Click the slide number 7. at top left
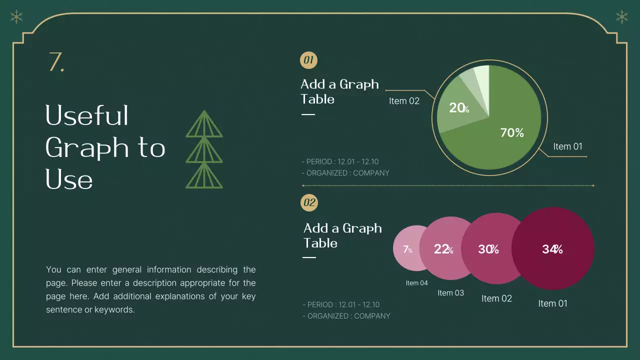[56, 62]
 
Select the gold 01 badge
[308, 61]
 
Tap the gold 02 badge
[309, 202]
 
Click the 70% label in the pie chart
[512, 132]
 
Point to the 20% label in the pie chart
[458, 107]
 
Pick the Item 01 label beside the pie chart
[567, 146]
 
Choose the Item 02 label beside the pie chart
[404, 101]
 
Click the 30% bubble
[488, 249]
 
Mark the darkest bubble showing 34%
[552, 249]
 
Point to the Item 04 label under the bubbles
[416, 283]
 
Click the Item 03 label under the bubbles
[450, 292]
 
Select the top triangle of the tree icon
[204, 124]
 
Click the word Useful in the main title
[87, 115]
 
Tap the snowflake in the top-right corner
[622, 17]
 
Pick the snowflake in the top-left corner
[16, 17]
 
